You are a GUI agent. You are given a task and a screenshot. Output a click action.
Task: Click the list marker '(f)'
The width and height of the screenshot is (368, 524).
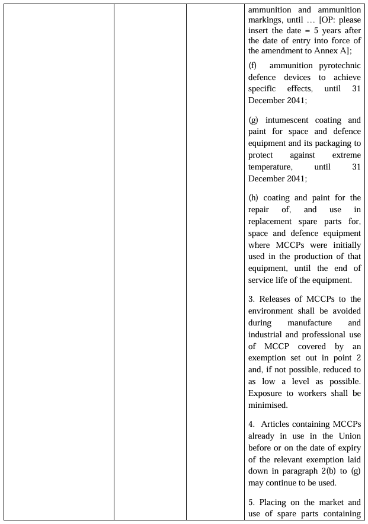[x=253, y=66]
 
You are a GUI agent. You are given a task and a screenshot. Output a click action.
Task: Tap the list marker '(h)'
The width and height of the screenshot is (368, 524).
[x=254, y=198]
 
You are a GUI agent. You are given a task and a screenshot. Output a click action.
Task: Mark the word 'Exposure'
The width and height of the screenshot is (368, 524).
[x=266, y=393]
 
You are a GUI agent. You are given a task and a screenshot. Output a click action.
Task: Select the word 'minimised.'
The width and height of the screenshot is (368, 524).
[x=268, y=405]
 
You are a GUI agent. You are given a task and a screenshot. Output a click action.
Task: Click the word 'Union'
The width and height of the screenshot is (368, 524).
[x=348, y=436]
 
